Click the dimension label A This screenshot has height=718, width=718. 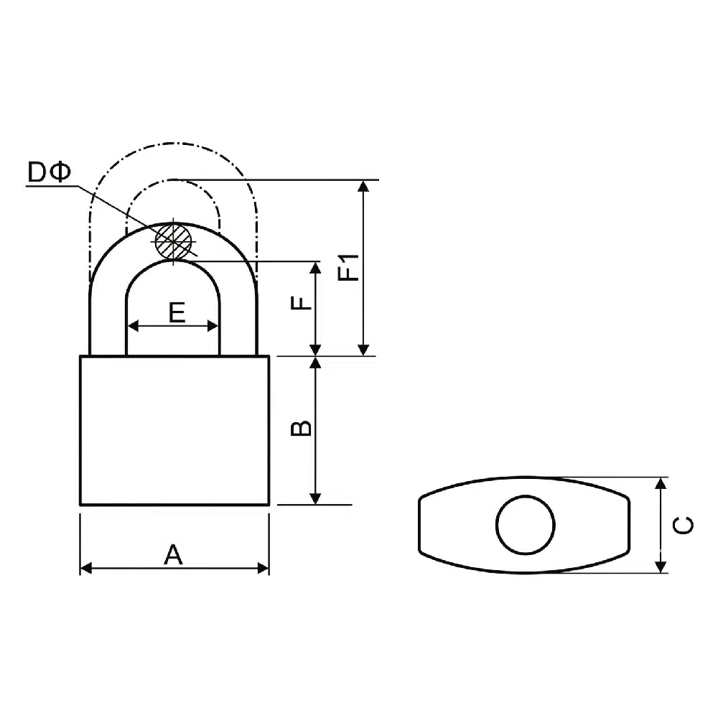pyautogui.click(x=174, y=554)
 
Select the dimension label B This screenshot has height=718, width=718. pyautogui.click(x=302, y=428)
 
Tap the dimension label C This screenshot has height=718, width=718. pyautogui.click(x=683, y=526)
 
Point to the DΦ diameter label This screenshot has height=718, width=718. pyautogui.click(x=50, y=172)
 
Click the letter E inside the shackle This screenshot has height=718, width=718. pyautogui.click(x=177, y=313)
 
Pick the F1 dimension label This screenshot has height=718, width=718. pyautogui.click(x=348, y=267)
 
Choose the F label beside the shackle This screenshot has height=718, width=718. pyautogui.click(x=301, y=303)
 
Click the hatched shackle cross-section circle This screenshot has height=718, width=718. pyautogui.click(x=173, y=241)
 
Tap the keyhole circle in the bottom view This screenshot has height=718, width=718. pyautogui.click(x=526, y=525)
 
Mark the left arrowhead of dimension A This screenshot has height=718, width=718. pyautogui.click(x=86, y=568)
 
